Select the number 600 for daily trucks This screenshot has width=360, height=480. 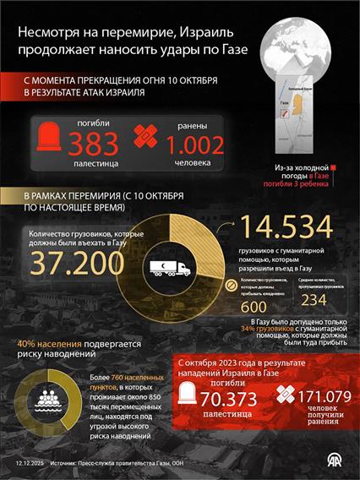[253, 308]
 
